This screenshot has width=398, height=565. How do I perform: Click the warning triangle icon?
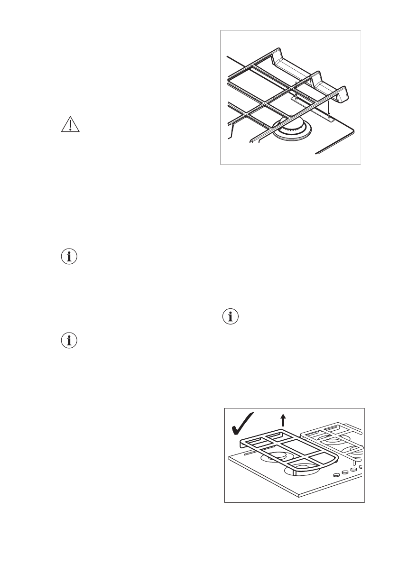click(x=71, y=124)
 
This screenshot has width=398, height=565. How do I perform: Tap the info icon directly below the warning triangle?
click(x=70, y=257)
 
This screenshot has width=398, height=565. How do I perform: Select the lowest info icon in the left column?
click(x=70, y=341)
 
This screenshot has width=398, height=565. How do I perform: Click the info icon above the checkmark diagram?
click(x=231, y=317)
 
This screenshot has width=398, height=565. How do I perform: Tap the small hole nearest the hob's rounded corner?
click(x=328, y=115)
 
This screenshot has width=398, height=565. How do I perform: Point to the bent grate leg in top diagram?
click(x=231, y=130)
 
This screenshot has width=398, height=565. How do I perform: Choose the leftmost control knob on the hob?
click(x=337, y=474)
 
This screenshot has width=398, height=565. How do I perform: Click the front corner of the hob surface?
click(x=299, y=495)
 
